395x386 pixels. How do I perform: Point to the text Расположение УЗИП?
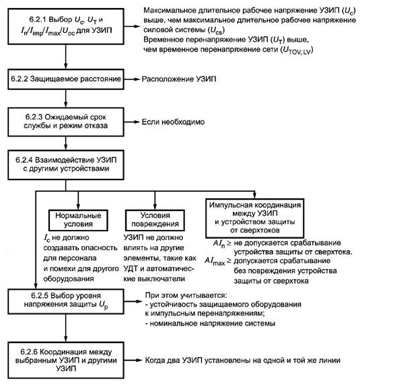pos(179,79)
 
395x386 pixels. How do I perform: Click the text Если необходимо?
pos(173,122)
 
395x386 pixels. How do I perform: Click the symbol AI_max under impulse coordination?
pos(215,261)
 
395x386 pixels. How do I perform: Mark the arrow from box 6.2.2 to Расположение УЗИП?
pos(132,79)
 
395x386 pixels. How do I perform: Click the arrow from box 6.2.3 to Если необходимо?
pos(132,122)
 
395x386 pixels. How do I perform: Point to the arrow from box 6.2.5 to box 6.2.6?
pos(66,328)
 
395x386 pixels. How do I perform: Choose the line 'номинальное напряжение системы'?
pos(210,323)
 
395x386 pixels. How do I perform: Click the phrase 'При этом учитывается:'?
pos(186,295)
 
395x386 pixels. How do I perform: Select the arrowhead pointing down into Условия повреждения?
pos(155,206)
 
